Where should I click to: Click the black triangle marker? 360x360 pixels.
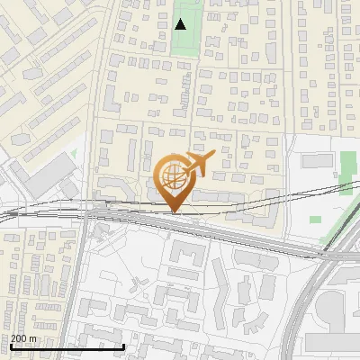(181, 24)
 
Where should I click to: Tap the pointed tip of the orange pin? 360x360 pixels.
(175, 213)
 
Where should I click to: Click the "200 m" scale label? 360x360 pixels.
(24, 338)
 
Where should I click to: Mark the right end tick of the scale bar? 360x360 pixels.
(123, 345)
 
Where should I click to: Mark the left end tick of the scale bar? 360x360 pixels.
(11, 345)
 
